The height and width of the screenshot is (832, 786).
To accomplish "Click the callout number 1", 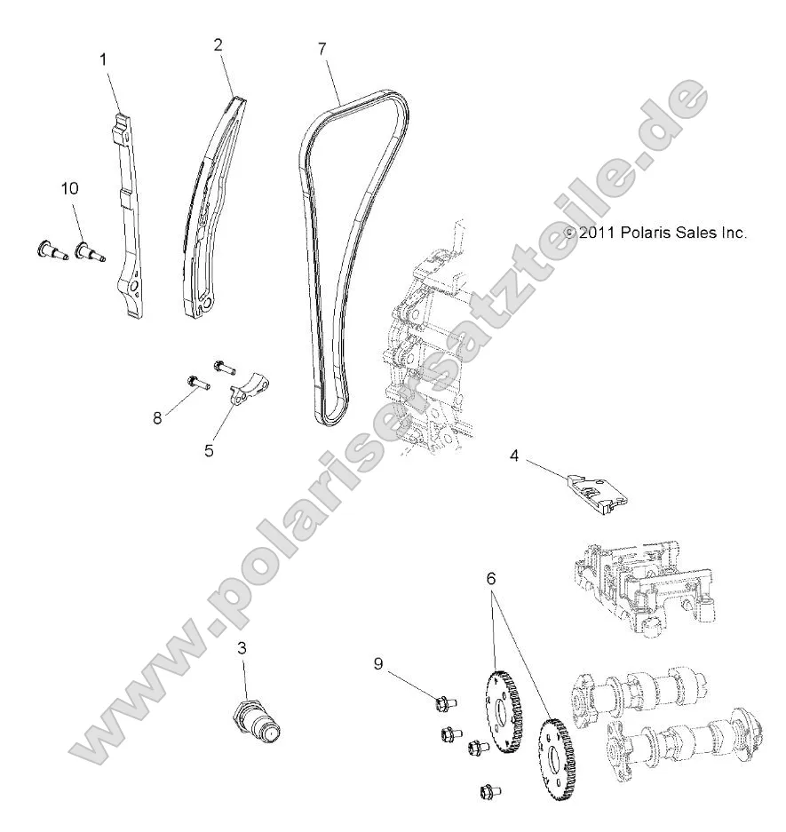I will tap(103, 59).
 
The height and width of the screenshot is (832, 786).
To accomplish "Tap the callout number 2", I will tap(218, 44).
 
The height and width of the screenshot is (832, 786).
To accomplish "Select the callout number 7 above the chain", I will tap(322, 48).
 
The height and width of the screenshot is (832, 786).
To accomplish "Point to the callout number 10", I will tap(69, 188).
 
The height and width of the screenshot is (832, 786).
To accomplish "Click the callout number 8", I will tap(158, 418).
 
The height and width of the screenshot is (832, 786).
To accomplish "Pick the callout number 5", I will tap(209, 450).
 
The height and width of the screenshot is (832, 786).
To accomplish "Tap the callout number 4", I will tap(514, 456).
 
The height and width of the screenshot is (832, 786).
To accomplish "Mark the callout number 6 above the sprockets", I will tap(490, 578).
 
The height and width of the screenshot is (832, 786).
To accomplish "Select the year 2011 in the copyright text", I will tap(598, 233).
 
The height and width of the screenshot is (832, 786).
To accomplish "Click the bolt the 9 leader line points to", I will tap(444, 705).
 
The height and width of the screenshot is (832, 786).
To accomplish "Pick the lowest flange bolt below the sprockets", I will tap(488, 788).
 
